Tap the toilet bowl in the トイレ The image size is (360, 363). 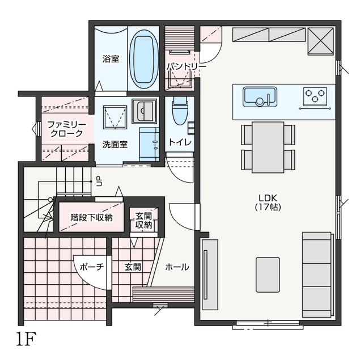pyautogui.click(x=180, y=111)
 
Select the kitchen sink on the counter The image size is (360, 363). pyautogui.click(x=260, y=97)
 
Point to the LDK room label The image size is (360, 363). pyautogui.click(x=268, y=202)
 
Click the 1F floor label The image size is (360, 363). pyautogui.click(x=26, y=339)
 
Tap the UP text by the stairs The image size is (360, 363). pyautogui.click(x=99, y=181)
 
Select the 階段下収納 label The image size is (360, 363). pyautogui.click(x=91, y=218)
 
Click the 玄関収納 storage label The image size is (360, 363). pyautogui.click(x=143, y=221)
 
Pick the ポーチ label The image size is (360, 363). pyautogui.click(x=92, y=267)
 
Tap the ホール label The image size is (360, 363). pyautogui.click(x=177, y=267)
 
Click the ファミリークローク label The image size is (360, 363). pyautogui.click(x=67, y=129)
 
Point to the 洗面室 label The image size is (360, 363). pyautogui.click(x=115, y=144)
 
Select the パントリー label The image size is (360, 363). pyautogui.click(x=187, y=67)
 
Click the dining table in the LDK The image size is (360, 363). pyautogui.click(x=268, y=147)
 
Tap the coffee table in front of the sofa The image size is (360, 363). pyautogui.click(x=268, y=275)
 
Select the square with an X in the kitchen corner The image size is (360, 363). pyautogui.click(x=321, y=41)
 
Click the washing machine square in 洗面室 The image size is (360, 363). pyautogui.click(x=115, y=117)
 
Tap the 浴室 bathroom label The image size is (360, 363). pyautogui.click(x=111, y=59)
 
